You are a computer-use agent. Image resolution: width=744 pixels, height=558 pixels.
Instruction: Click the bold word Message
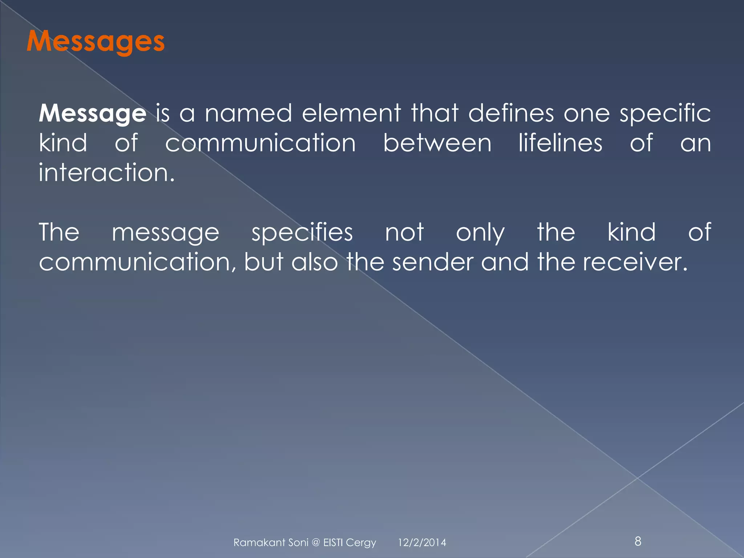pos(92,113)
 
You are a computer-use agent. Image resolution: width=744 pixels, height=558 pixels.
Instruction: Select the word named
pos(248,113)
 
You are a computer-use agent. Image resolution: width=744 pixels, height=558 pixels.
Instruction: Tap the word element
pos(351,113)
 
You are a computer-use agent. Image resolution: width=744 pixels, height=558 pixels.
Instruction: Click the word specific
pos(665,113)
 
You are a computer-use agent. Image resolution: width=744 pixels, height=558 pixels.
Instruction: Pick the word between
pos(437,143)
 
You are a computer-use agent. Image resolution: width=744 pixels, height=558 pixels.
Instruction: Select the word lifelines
pos(560,143)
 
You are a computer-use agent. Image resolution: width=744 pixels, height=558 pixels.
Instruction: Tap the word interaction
pos(106,172)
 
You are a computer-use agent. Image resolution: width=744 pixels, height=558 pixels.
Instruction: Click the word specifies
pos(302,232)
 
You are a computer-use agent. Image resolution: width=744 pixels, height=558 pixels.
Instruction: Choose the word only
pos(480,232)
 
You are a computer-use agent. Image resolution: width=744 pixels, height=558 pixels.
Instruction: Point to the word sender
pos(433,262)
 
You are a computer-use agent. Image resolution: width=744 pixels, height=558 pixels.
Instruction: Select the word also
pos(315,262)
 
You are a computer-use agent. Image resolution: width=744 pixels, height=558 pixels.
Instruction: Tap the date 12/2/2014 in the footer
pos(422,542)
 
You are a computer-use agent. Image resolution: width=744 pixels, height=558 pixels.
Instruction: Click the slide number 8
pos(638,541)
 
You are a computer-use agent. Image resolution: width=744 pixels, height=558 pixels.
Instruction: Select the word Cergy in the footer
pos(361,543)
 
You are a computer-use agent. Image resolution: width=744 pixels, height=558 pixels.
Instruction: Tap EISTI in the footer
pos(333,542)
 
